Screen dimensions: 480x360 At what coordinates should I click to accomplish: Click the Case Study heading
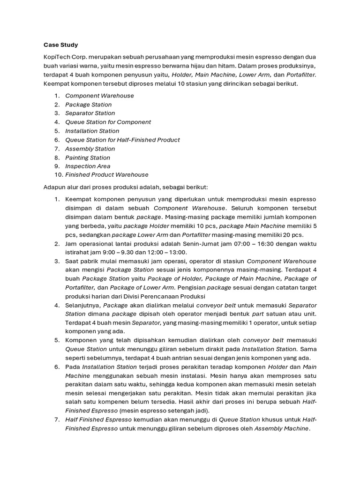click(x=60, y=45)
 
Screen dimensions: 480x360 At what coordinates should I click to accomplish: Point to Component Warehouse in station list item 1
click(x=99, y=96)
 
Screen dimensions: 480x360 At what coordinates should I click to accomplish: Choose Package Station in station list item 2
click(x=88, y=105)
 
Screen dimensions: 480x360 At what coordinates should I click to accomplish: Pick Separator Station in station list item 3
click(x=90, y=113)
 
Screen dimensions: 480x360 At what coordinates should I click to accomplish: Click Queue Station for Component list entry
click(x=108, y=122)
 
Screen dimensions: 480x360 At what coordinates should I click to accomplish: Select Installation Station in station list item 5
click(x=92, y=131)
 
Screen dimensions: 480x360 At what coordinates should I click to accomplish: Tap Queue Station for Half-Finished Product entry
click(x=122, y=140)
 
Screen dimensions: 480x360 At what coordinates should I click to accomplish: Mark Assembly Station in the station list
click(x=90, y=149)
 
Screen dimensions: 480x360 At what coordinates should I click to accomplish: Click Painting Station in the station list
click(x=88, y=157)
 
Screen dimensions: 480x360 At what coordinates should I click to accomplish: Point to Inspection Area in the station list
click(x=88, y=166)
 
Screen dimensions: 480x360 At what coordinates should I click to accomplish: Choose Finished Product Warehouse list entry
click(x=106, y=175)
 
